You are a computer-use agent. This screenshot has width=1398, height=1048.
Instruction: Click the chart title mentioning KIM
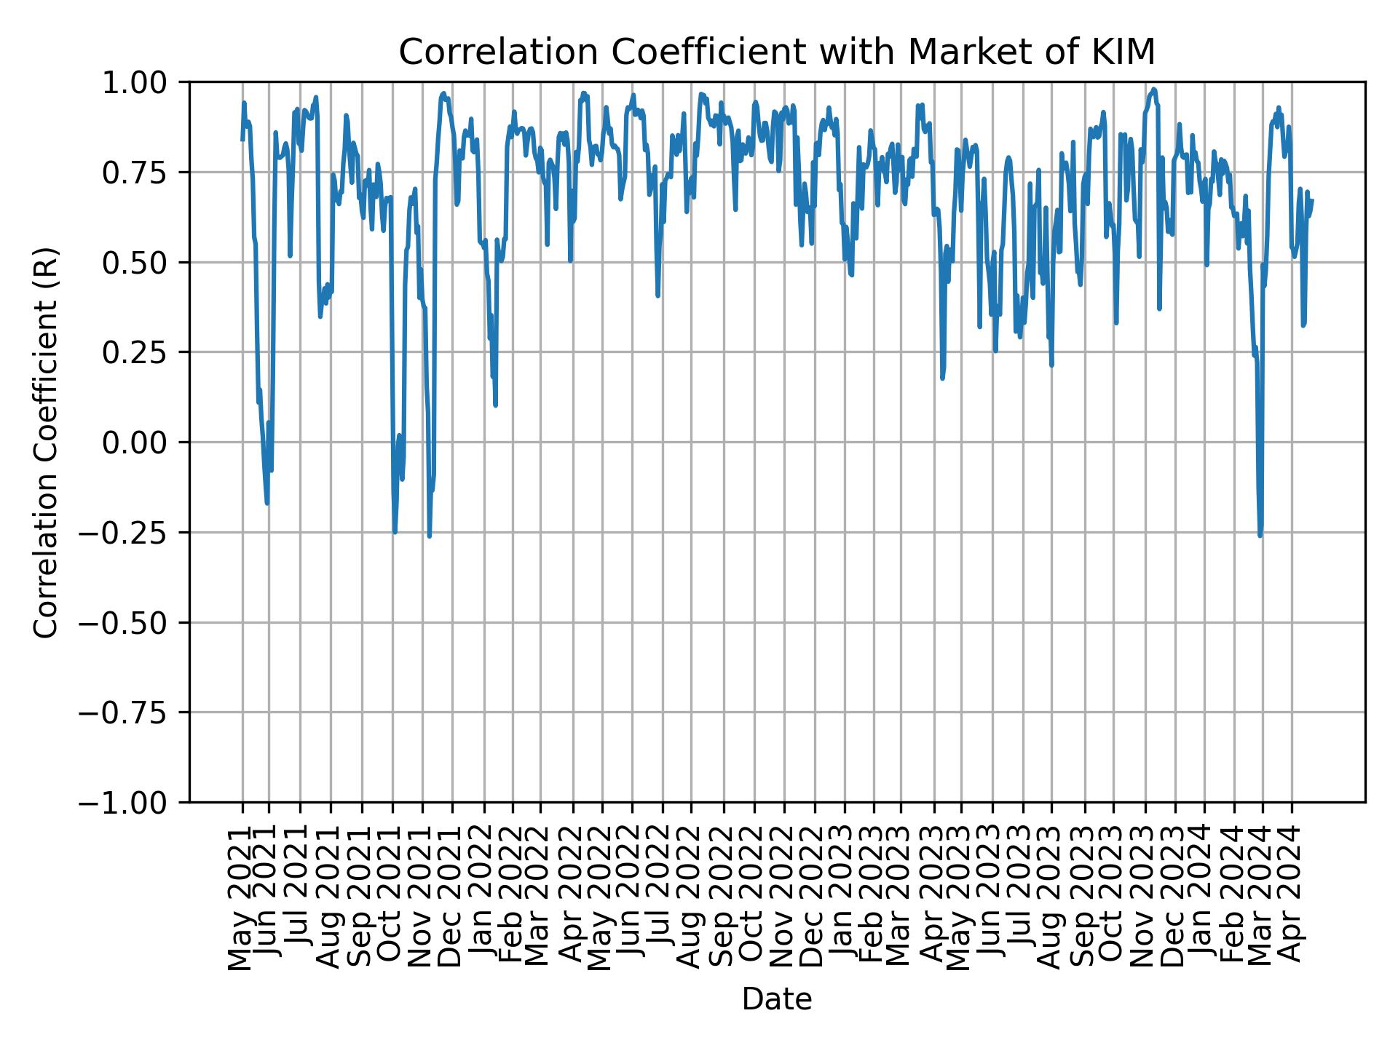click(777, 52)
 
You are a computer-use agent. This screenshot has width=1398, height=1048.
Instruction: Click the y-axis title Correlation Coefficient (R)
click(46, 442)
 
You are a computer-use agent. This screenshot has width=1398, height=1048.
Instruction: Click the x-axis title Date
click(777, 999)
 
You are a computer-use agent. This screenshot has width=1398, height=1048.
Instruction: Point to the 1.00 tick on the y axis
click(145, 82)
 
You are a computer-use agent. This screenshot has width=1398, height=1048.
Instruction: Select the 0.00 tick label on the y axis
click(145, 442)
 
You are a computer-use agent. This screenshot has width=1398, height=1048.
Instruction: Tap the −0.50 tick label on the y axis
click(134, 622)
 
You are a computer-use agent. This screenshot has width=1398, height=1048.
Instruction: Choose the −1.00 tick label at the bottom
click(134, 803)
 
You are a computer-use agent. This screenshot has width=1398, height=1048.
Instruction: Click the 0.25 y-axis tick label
click(145, 352)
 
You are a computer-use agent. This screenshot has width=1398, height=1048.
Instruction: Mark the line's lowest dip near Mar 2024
click(1260, 536)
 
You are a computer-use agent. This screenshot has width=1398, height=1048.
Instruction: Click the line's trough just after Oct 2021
click(395, 532)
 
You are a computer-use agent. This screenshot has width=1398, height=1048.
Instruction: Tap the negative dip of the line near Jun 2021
click(267, 503)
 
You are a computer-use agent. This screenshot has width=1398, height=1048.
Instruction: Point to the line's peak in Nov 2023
click(1154, 90)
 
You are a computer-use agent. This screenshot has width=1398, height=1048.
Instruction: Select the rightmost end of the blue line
click(1312, 200)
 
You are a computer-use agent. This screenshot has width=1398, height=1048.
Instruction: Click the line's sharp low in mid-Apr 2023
click(941, 378)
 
